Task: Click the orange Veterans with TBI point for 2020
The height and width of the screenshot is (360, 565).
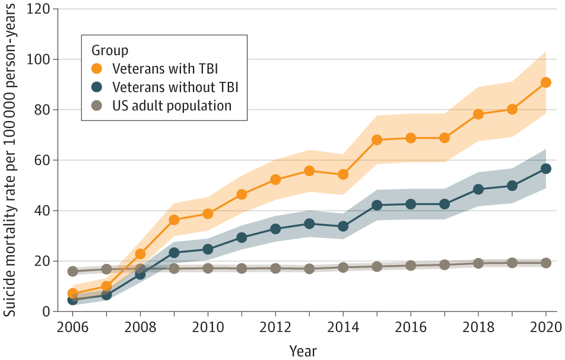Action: pyautogui.click(x=545, y=82)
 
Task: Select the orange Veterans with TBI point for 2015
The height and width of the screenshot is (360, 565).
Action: pyautogui.click(x=377, y=140)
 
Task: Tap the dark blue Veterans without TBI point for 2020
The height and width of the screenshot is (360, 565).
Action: pyautogui.click(x=545, y=168)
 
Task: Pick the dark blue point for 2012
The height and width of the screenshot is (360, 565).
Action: pyautogui.click(x=275, y=229)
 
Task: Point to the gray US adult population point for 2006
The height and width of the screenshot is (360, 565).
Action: pyautogui.click(x=73, y=271)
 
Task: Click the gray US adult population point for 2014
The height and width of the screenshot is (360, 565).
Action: pyautogui.click(x=343, y=267)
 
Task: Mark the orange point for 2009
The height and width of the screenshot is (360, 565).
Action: pyautogui.click(x=174, y=220)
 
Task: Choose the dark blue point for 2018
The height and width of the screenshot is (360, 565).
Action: pyautogui.click(x=478, y=189)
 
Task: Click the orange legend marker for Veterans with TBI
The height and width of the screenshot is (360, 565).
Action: pyautogui.click(x=97, y=66)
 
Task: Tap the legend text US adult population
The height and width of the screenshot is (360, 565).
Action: pyautogui.click(x=172, y=106)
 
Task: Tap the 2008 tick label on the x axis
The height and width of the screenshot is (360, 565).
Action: pyautogui.click(x=141, y=328)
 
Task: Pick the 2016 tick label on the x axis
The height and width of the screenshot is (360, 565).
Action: pyautogui.click(x=411, y=328)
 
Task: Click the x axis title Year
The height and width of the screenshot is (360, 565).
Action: pyautogui.click(x=303, y=351)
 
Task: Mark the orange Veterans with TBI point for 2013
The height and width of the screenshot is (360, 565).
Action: pyautogui.click(x=309, y=171)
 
